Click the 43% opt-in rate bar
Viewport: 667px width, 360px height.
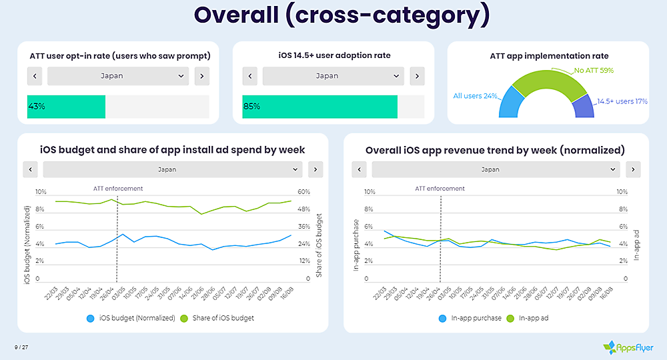tap(66, 107)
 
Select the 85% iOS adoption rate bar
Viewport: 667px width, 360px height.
tap(319, 107)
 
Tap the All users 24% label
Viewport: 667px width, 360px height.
tap(476, 96)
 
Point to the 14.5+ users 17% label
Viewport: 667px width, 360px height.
tap(622, 101)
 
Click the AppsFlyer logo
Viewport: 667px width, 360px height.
tap(628, 347)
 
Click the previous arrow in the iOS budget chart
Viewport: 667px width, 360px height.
tap(30, 169)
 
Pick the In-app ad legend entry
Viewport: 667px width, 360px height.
tap(531, 318)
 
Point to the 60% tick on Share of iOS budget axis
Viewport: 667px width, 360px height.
tap(303, 192)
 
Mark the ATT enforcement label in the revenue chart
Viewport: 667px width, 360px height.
tap(440, 189)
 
